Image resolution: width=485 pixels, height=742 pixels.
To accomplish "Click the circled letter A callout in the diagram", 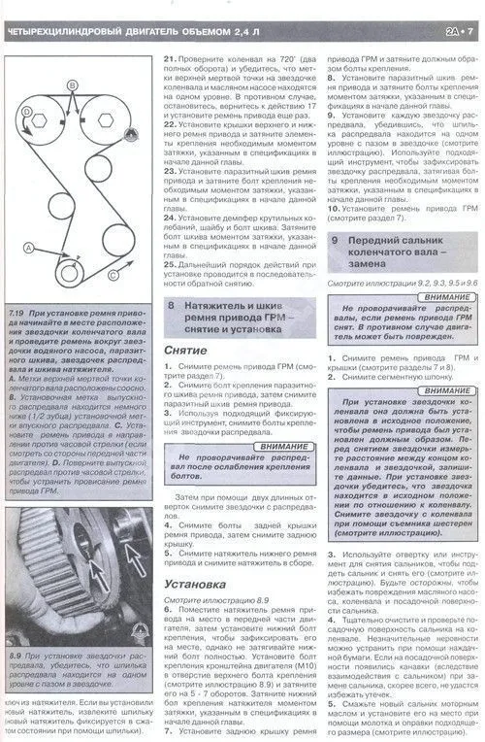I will click(x=28, y=249).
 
